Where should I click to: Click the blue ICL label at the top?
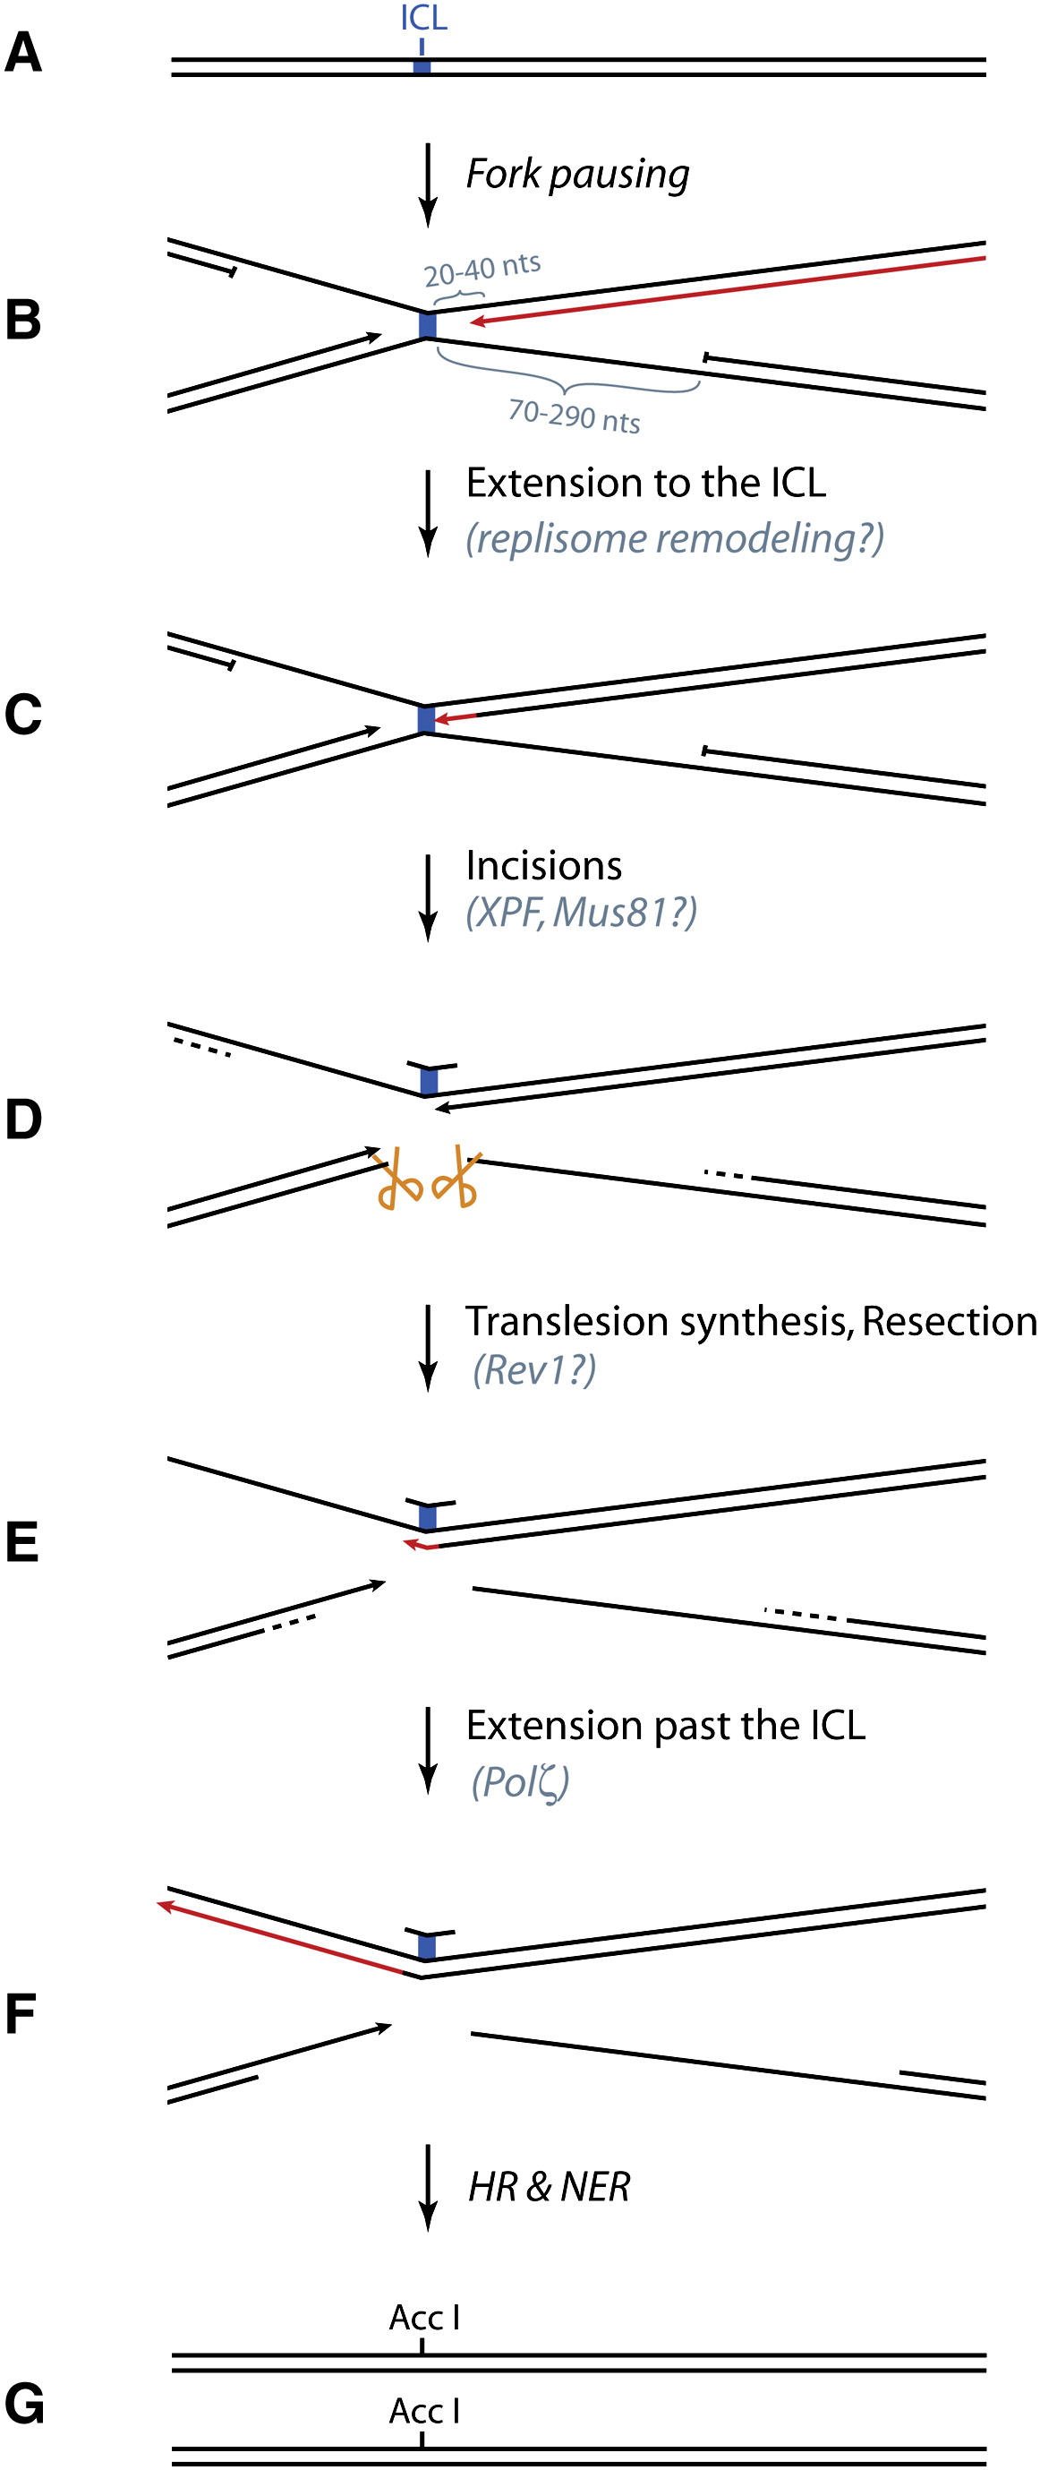(423, 17)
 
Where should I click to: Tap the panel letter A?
(23, 53)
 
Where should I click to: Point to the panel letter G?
(24, 2405)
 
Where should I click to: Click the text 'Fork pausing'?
(577, 175)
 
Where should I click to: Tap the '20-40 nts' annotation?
(482, 270)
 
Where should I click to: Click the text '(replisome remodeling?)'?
(674, 539)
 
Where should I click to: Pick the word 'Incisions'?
(543, 866)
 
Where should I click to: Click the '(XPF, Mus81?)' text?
(581, 912)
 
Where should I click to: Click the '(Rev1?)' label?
(534, 1370)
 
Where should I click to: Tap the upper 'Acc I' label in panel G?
(423, 2318)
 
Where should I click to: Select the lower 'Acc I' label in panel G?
(423, 2411)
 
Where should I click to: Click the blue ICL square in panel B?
(428, 325)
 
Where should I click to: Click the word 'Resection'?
(949, 1321)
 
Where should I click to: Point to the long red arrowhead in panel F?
(166, 1905)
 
